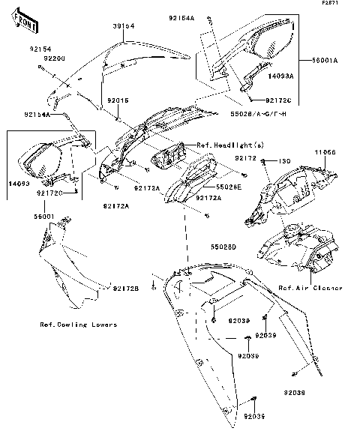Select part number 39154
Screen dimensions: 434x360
(124, 26)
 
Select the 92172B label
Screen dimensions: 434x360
(127, 289)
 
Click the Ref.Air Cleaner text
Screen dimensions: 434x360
(310, 288)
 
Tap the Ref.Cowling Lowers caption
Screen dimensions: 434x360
(79, 325)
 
